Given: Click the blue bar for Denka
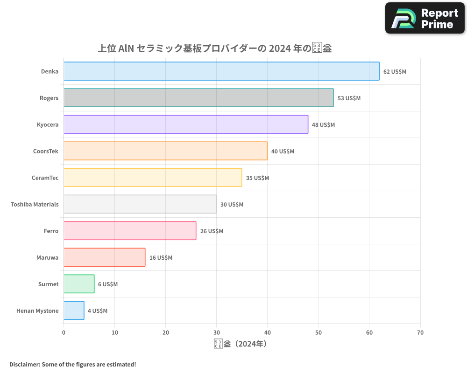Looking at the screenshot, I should coord(221,71).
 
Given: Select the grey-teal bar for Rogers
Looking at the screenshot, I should coord(198,98).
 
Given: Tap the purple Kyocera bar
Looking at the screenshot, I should coord(186,124).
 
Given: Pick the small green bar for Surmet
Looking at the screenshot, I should coord(79,284).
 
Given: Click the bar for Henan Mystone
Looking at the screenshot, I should coord(74,311).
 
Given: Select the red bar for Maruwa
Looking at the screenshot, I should coord(104,257).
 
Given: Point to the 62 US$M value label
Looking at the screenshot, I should coord(395,72).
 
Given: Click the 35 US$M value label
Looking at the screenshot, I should coord(257,178).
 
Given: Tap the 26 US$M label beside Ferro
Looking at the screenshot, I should coord(212,231).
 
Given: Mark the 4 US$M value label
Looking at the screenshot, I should coord(97,311).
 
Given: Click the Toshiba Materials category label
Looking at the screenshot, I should coord(35,204).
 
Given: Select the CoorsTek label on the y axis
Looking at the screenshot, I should coord(46,151).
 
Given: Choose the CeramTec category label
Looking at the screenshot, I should coord(45,178).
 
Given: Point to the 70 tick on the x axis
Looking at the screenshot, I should coord(420,333).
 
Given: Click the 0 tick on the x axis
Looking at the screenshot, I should coord(64,333).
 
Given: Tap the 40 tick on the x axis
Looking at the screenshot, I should coord(268,333).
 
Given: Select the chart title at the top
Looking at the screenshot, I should coord(214,48).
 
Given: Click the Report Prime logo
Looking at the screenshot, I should coord(425,18).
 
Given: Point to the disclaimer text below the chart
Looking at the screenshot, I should coord(72,364).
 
